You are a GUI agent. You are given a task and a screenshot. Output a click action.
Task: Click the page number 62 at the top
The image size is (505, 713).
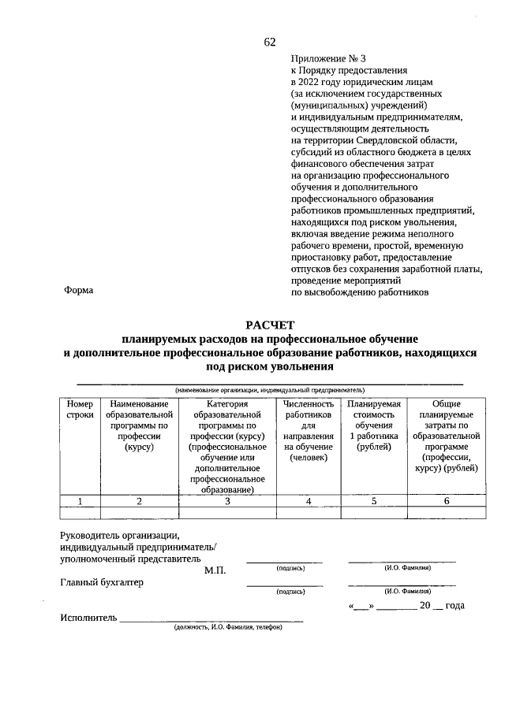270,42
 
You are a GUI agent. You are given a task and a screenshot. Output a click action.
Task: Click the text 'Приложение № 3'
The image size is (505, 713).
328,58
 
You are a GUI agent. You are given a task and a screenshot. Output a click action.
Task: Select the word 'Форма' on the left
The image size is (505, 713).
79,291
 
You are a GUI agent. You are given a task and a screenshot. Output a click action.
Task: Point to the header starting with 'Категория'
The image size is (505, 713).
227,446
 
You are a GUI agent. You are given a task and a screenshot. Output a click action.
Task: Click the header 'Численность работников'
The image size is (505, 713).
309,430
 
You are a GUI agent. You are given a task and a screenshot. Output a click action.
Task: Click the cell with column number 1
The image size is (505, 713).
80,500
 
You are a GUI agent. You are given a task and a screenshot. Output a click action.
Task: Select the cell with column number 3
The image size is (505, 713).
227,500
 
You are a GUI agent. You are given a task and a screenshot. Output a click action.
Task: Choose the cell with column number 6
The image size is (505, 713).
446,500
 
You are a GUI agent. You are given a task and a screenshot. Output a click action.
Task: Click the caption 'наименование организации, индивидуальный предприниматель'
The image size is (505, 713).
270,389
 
